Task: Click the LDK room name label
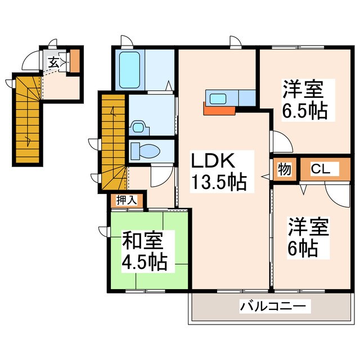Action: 213,161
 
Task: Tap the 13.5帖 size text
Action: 219,183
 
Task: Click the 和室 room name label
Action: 143,241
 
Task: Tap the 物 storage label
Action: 284,169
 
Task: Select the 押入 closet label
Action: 125,199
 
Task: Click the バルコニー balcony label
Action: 273,307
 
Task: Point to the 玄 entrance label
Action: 53,62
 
